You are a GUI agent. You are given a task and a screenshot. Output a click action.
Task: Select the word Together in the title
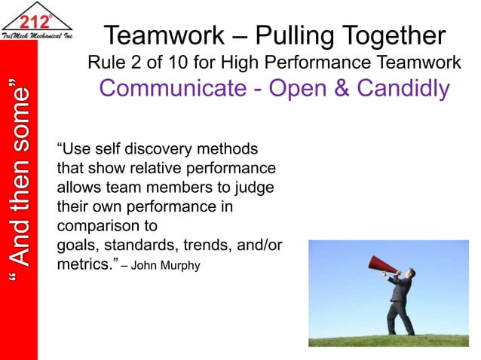click(397, 35)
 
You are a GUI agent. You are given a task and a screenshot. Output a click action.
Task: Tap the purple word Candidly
click(400, 89)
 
